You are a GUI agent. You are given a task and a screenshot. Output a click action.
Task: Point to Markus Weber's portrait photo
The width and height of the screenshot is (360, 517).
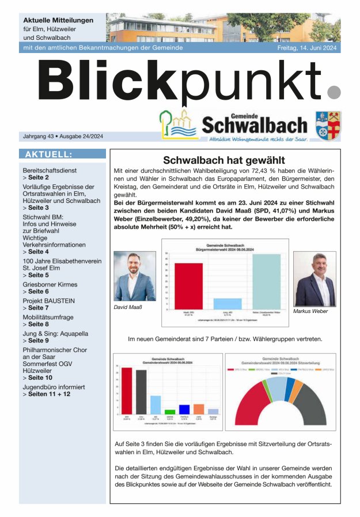(x=314, y=279)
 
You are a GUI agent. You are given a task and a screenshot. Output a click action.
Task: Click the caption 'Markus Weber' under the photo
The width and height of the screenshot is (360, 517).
(x=310, y=311)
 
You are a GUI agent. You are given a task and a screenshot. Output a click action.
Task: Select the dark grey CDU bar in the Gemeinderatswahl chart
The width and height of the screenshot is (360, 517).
(x=141, y=391)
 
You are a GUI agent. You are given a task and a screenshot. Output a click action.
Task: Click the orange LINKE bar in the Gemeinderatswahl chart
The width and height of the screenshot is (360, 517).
(x=199, y=409)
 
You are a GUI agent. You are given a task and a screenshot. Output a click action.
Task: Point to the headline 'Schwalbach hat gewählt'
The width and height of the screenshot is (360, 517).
(x=225, y=161)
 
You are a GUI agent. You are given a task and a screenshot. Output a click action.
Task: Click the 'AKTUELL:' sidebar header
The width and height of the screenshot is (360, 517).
(x=48, y=154)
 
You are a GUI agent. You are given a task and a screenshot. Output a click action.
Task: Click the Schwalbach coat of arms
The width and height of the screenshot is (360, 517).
(x=328, y=125)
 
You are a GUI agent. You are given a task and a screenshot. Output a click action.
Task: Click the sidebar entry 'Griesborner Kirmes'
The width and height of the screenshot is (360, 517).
(x=50, y=285)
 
